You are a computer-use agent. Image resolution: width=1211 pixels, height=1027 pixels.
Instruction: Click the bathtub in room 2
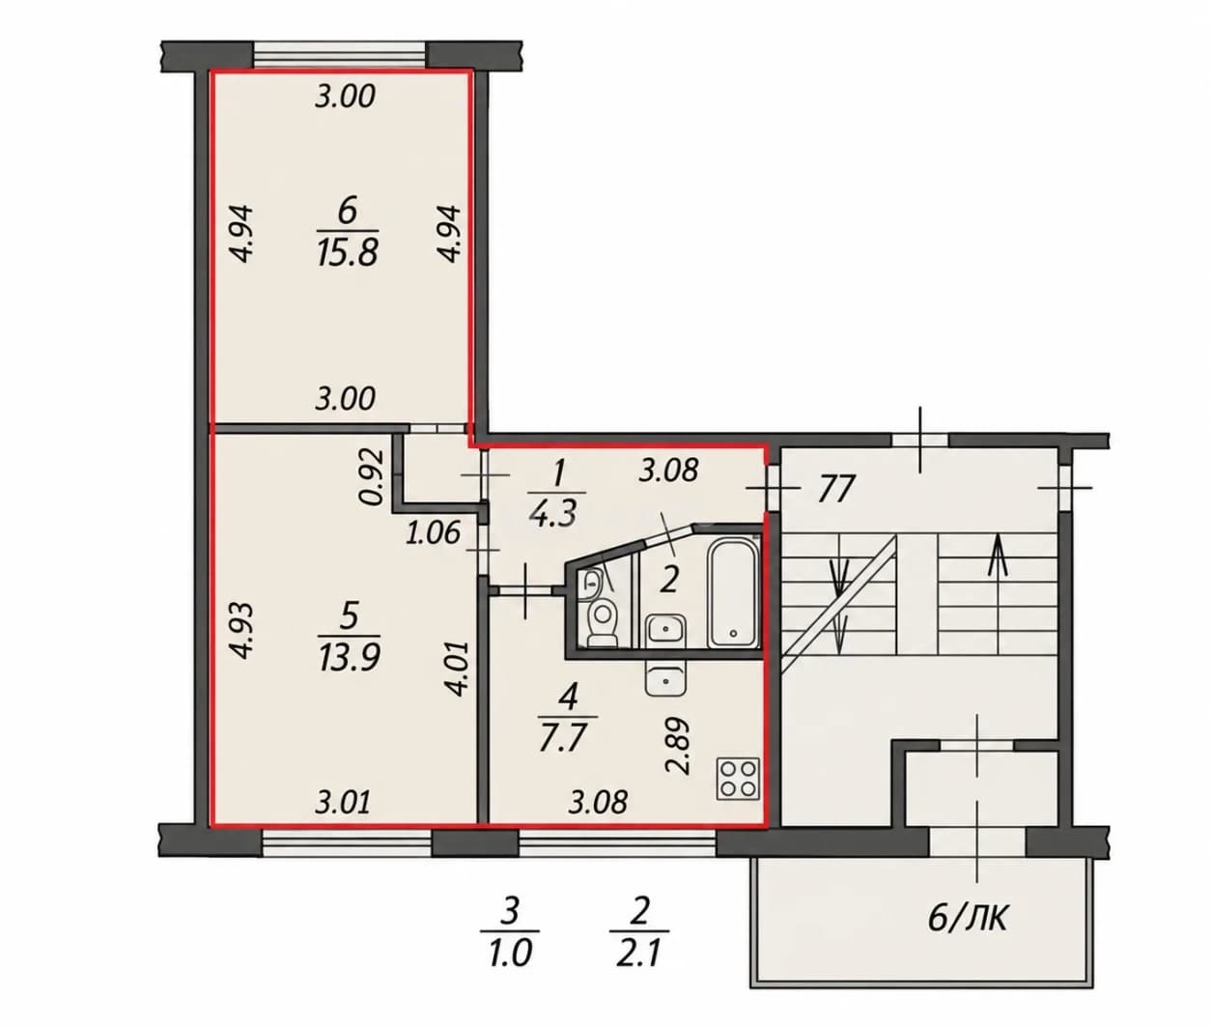(x=732, y=591)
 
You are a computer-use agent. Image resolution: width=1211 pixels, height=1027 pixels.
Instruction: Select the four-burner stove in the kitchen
(x=738, y=779)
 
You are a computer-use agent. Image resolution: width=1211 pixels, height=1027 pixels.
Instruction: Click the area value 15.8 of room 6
(x=348, y=253)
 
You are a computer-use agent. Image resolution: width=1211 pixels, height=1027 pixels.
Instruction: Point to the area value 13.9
(x=350, y=657)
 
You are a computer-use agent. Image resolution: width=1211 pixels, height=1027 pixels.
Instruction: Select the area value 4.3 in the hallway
(x=552, y=514)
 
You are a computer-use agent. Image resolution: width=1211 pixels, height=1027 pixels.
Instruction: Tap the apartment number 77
(x=835, y=490)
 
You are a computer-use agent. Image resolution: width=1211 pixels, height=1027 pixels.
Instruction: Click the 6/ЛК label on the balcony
(x=968, y=919)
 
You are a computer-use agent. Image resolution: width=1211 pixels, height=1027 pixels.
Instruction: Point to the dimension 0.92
(x=372, y=476)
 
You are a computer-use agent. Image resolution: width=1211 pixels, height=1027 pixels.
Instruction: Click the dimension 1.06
(x=433, y=533)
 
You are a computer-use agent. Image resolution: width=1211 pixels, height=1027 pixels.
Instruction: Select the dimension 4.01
(x=458, y=669)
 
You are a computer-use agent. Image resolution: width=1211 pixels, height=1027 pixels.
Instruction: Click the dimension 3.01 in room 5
(x=343, y=802)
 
